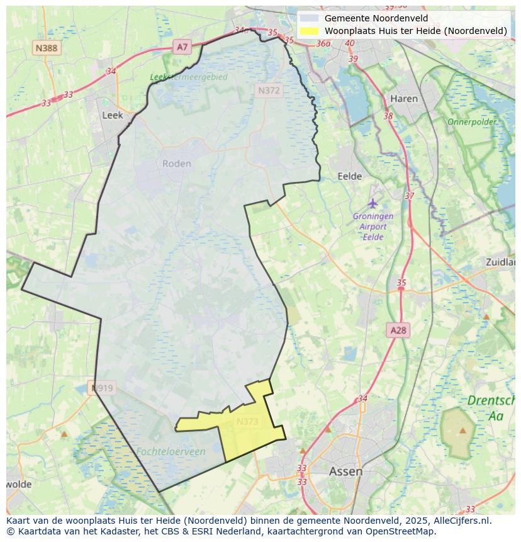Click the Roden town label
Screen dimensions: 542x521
[176, 164]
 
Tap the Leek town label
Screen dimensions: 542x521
[113, 115]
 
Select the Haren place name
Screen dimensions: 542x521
[403, 99]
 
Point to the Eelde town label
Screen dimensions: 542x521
[350, 176]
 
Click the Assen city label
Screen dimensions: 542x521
[345, 471]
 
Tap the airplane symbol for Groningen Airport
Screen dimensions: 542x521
[373, 203]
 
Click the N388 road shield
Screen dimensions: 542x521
[47, 48]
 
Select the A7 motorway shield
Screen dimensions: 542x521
[182, 47]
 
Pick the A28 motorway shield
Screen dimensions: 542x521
[398, 330]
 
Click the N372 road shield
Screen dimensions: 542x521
[269, 91]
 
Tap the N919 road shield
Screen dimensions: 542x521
[102, 388]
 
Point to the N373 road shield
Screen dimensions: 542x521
[247, 422]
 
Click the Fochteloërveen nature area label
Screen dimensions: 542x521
[171, 451]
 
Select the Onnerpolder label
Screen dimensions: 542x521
[471, 121]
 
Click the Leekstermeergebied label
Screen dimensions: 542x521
[189, 77]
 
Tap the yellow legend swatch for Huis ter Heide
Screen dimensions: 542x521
[308, 31]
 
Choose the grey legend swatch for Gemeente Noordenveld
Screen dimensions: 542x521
[308, 18]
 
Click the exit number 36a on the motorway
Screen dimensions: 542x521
[323, 43]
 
